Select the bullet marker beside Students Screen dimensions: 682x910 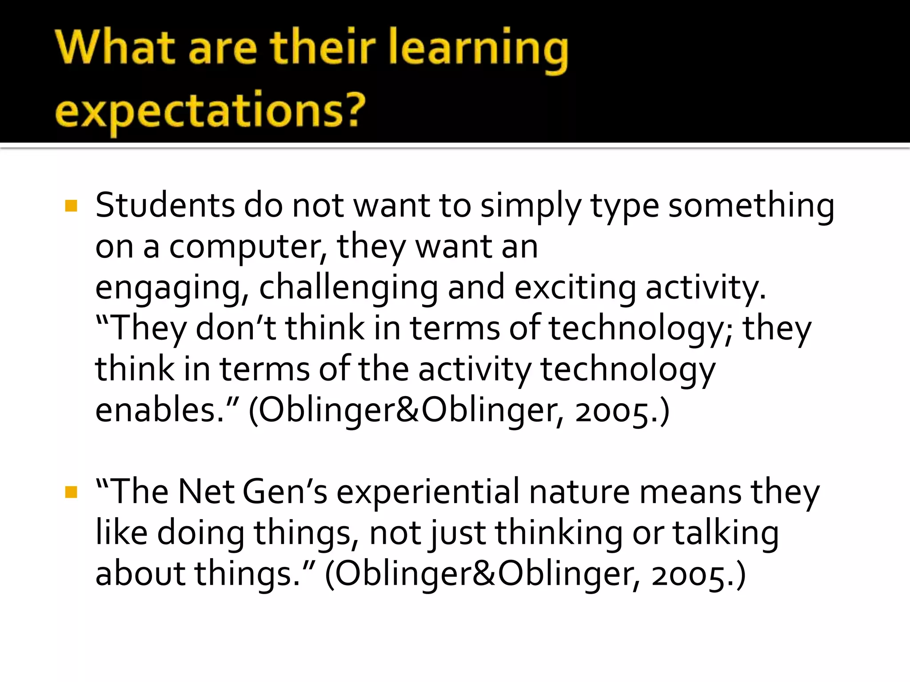coord(71,206)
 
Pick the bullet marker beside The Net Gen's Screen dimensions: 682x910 coord(71,492)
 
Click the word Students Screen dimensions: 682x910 coord(165,205)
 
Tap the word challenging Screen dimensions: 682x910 coord(348,288)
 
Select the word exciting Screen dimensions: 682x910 coord(575,288)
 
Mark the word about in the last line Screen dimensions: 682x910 coord(140,574)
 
